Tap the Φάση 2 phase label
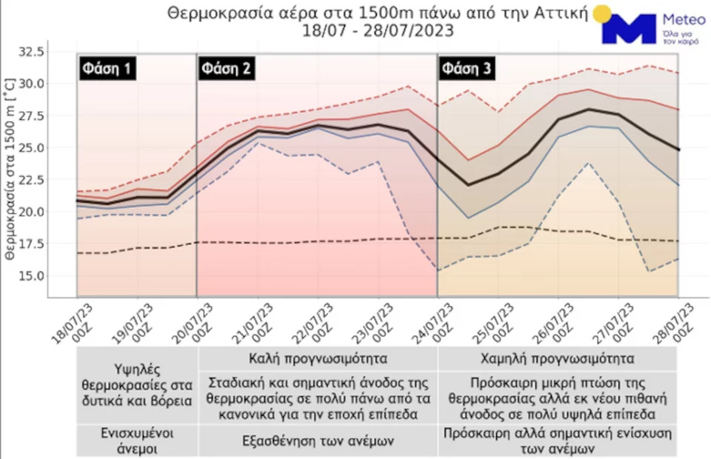tap(226, 70)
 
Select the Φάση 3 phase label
tap(466, 70)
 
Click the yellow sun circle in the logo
tap(602, 13)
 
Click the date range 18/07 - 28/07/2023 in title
tap(378, 31)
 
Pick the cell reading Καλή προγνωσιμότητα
tap(318, 360)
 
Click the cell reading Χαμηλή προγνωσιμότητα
tap(557, 360)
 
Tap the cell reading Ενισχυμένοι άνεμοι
tap(137, 440)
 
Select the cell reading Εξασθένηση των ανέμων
tap(318, 440)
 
